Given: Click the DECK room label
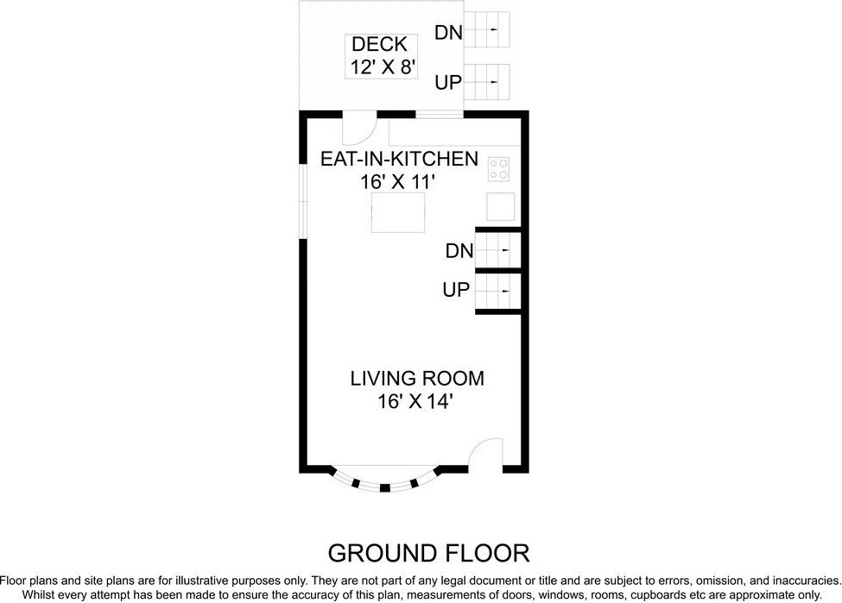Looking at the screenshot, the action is pos(380,44).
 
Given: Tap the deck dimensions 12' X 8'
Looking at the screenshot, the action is pos(383,67).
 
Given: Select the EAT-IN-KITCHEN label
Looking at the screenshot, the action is pos(399,159).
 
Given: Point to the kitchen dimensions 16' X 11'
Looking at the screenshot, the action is pos(397,182).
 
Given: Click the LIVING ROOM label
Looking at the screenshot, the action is pos(417,378).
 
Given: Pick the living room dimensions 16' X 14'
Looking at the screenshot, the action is pos(413,401).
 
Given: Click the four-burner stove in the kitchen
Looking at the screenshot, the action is pos(498,169).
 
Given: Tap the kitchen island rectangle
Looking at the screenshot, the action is pos(398,212).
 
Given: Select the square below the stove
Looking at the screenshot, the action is pos(501,206).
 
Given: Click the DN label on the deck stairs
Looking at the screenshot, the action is pos(448,34).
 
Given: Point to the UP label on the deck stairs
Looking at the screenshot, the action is pos(448,83).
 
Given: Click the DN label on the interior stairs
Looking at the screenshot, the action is pos(459,250).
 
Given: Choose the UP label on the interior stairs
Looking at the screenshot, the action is pos(457,290).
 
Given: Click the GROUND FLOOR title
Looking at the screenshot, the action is pos(428,553).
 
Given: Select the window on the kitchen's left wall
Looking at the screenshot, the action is pos(303,201).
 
